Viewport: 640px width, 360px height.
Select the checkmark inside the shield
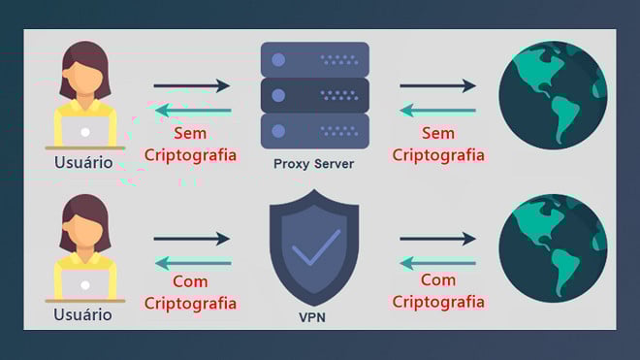315,246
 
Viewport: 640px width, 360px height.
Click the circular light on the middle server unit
279,94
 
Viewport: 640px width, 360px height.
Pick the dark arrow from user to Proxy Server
191,85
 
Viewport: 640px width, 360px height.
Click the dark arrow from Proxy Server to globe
438,85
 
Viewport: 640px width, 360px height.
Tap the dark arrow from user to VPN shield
191,239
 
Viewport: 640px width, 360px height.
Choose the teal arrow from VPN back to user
191,262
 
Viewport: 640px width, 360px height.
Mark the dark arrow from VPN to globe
438,239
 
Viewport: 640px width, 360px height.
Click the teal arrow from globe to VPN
438,262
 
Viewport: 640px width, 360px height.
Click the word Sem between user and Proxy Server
190,133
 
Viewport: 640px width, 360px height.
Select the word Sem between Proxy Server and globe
438,133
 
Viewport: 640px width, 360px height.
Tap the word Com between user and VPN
190,282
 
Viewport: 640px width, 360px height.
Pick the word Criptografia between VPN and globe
438,302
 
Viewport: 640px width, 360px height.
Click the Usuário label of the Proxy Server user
82,162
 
